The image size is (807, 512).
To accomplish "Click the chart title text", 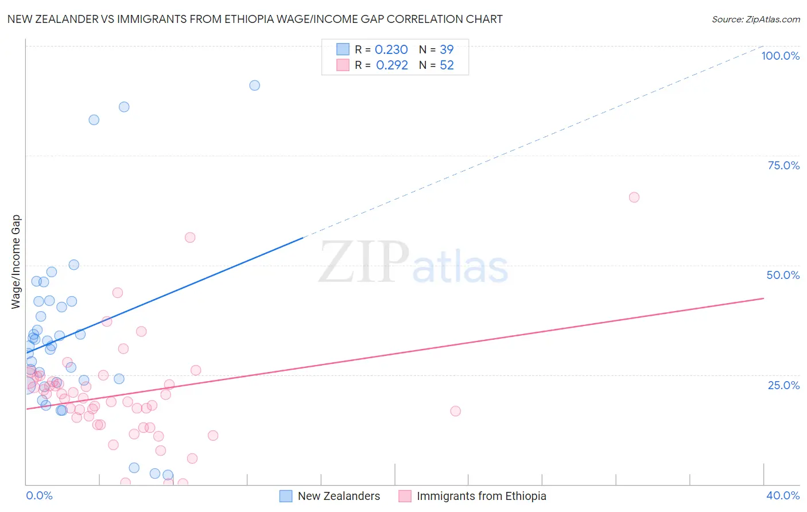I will click(x=255, y=19).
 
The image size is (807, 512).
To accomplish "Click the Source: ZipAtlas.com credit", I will click(x=755, y=19).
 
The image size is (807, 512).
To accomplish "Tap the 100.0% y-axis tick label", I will click(x=780, y=56).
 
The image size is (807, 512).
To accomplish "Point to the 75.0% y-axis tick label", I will click(x=783, y=165).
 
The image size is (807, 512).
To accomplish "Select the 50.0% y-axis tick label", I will click(x=783, y=275).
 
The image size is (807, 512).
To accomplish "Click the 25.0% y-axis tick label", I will click(x=783, y=385).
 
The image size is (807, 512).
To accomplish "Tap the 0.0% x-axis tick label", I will click(x=39, y=495).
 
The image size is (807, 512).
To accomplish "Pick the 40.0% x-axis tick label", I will click(x=782, y=495).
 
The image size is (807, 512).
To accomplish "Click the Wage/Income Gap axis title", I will click(x=15, y=262).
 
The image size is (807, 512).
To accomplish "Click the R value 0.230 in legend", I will click(x=391, y=50).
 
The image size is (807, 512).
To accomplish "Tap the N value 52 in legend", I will click(x=447, y=65).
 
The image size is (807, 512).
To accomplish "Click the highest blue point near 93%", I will click(x=254, y=86).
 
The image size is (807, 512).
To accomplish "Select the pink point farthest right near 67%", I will click(x=634, y=197).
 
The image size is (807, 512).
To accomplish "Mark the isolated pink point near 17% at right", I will click(x=455, y=411).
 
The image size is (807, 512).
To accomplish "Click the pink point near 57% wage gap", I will click(x=190, y=238).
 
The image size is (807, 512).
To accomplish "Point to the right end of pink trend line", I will click(x=763, y=298).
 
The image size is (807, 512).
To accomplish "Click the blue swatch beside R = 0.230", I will click(x=343, y=49).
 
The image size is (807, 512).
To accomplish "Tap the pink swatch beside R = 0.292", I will click(x=343, y=65).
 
